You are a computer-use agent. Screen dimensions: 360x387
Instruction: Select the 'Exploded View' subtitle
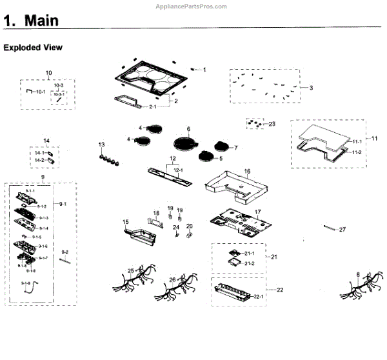tap(33, 48)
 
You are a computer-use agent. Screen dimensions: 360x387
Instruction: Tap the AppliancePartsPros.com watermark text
tap(191, 6)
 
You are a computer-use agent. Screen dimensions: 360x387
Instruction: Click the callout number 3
tap(311, 88)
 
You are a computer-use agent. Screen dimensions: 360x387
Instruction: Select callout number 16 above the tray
tap(247, 172)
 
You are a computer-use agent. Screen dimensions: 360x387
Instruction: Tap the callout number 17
tap(257, 211)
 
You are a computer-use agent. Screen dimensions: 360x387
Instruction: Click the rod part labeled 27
tap(330, 228)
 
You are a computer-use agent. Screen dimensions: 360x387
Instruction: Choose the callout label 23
tap(272, 124)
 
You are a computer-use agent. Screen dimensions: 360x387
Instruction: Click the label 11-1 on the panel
tap(357, 141)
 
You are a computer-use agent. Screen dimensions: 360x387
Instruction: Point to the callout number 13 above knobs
tap(101, 144)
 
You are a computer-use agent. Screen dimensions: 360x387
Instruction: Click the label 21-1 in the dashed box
tap(250, 254)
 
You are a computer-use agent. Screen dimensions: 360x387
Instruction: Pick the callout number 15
tap(126, 221)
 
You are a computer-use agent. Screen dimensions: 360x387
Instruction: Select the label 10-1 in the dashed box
tap(40, 92)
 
